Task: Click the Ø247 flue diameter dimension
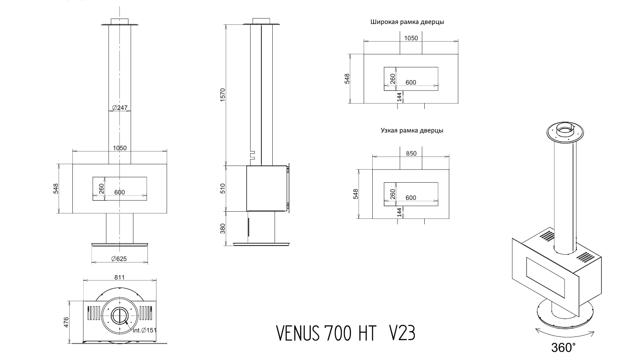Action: (x=120, y=108)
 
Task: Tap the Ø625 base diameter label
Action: (x=119, y=259)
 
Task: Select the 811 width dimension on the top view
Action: (x=119, y=277)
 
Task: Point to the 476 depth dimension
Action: (x=66, y=322)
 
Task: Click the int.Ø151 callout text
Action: (x=145, y=330)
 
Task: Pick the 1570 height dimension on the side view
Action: (x=223, y=95)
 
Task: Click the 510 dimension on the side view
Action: (x=223, y=189)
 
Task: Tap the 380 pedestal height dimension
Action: (x=223, y=228)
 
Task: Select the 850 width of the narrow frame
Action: (x=411, y=153)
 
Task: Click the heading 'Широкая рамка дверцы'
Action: (x=407, y=22)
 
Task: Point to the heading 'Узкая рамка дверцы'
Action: (x=412, y=131)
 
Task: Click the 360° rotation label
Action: (x=563, y=348)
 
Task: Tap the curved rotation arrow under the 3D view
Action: (x=564, y=334)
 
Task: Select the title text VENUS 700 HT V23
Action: (x=346, y=333)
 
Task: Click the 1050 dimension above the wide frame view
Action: (x=411, y=38)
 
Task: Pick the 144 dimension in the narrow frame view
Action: (x=399, y=212)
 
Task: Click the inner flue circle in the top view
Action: (x=119, y=316)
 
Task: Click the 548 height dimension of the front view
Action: (x=56, y=189)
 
